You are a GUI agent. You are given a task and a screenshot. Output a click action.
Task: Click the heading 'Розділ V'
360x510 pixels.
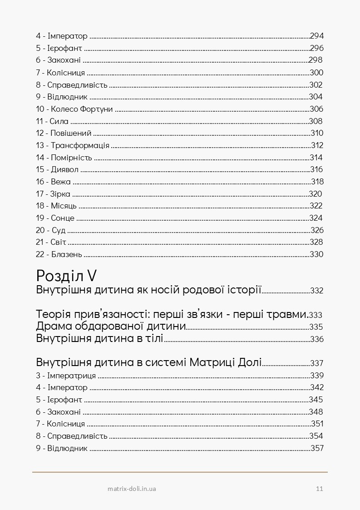68,275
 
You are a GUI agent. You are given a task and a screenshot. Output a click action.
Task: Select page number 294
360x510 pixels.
316,36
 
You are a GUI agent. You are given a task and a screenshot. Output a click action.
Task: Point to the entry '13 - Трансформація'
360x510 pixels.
73,145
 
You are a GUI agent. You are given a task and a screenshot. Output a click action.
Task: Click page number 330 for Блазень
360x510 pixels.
316,254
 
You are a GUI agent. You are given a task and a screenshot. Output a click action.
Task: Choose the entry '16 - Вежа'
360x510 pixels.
54,182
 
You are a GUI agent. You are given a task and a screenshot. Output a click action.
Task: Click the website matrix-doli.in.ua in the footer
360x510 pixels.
133,489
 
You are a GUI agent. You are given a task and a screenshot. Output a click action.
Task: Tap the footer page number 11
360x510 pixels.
319,489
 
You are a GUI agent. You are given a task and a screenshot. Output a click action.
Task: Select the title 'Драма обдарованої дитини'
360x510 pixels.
111,327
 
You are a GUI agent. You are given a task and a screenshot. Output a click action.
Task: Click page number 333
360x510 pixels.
316,315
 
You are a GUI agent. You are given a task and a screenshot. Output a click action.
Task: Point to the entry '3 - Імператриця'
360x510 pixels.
66,376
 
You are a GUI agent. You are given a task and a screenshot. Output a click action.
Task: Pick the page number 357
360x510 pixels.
317,448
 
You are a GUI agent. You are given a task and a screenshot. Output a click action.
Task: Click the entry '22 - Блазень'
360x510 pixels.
59,254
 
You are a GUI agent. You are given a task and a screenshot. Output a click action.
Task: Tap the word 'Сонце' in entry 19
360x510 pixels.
63,218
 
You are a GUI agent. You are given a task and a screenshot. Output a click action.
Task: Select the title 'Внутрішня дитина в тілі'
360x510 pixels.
99,339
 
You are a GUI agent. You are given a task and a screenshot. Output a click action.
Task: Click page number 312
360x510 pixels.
317,145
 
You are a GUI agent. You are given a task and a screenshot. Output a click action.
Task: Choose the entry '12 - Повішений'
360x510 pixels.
64,134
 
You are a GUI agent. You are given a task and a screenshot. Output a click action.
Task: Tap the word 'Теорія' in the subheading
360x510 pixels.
52,314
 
